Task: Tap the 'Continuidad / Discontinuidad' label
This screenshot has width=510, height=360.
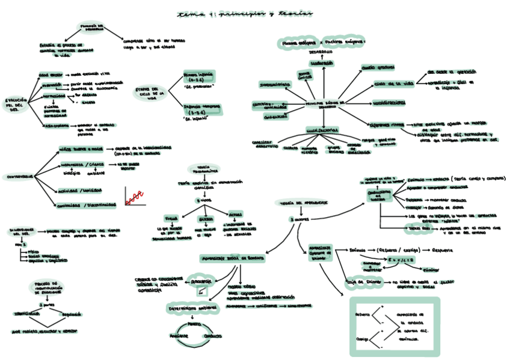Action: pos(86,205)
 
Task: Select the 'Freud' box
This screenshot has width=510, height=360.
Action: pos(170,218)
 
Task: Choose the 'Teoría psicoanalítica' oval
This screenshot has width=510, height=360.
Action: pos(203,169)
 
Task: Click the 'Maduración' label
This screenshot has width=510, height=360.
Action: pos(322,63)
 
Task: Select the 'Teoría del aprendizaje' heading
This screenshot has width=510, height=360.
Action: pos(303,203)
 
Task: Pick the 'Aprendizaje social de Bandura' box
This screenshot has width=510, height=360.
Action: pos(233,258)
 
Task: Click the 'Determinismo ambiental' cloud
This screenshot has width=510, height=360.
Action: pos(191,308)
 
